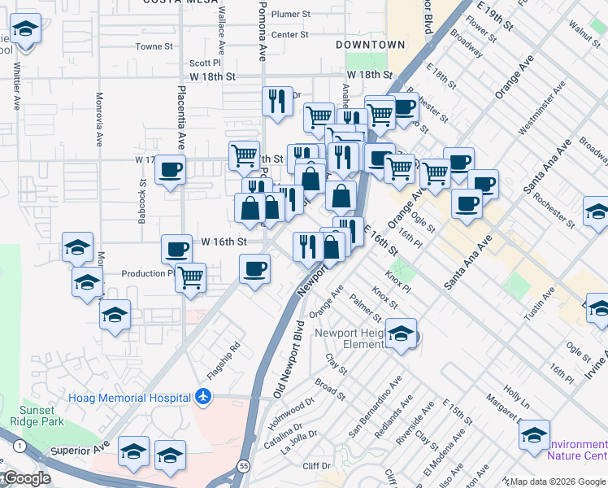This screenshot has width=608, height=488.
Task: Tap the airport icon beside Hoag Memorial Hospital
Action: point(202,397)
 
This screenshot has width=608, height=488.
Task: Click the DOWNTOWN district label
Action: point(371,45)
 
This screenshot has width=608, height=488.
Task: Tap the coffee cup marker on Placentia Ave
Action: point(171,170)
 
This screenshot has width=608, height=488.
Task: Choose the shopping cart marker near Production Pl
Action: point(190,277)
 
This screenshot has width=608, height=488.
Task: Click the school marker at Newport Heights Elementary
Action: point(401,334)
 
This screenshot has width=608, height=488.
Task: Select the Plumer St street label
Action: point(291,15)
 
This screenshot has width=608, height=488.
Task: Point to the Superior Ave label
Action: point(79,449)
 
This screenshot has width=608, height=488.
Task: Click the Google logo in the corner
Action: point(25,478)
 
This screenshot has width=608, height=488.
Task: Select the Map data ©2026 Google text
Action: point(558,481)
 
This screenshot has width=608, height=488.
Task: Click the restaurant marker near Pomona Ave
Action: point(278,101)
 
